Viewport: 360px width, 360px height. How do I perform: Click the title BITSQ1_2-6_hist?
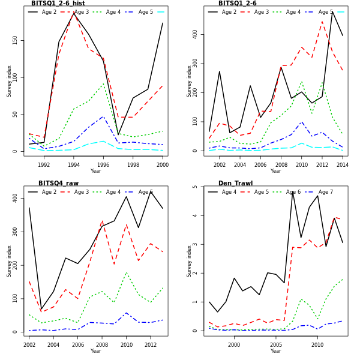point(58,4)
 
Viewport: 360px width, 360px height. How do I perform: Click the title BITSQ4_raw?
point(58,184)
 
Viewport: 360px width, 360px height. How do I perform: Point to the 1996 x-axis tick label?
point(103,164)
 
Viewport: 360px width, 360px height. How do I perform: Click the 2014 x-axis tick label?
point(343,164)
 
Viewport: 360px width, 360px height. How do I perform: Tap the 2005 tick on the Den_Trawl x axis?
point(275,344)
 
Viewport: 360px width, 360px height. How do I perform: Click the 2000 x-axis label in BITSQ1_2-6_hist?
point(162,164)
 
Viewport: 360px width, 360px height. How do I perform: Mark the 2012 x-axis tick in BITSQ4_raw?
point(151,344)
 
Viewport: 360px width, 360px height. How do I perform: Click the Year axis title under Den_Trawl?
point(275,351)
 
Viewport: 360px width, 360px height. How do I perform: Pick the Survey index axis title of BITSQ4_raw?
point(9,260)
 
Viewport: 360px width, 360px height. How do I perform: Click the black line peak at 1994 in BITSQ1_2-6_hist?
point(74,13)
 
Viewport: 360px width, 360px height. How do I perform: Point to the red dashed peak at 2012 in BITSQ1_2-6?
point(322,22)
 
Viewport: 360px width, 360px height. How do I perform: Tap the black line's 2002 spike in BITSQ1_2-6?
point(220,71)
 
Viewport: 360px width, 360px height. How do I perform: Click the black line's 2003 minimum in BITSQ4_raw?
point(41,310)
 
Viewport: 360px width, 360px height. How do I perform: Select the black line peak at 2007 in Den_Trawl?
point(292,191)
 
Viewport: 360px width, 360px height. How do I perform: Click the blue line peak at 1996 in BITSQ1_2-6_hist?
point(103,117)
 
